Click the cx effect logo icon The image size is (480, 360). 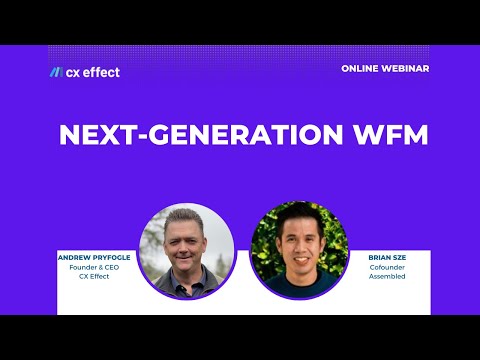[x=55, y=72]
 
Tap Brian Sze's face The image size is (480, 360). [x=297, y=242]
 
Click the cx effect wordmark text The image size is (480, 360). [x=94, y=72]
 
